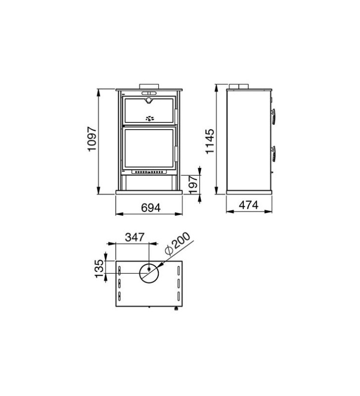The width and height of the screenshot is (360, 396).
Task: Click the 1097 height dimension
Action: [x=92, y=139]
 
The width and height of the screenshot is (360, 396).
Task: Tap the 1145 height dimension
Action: [x=210, y=142]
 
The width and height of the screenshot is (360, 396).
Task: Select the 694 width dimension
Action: [x=151, y=208]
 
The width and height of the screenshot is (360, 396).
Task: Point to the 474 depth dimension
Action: [x=249, y=205]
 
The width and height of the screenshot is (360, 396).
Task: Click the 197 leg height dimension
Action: [x=193, y=185]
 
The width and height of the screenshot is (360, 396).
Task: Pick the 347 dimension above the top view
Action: [x=135, y=238]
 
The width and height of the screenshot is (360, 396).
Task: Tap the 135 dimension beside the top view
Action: [x=99, y=268]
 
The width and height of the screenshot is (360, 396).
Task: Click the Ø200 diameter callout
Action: [x=177, y=244]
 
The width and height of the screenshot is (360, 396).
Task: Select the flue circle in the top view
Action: [x=149, y=274]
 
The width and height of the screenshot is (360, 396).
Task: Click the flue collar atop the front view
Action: [x=149, y=86]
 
